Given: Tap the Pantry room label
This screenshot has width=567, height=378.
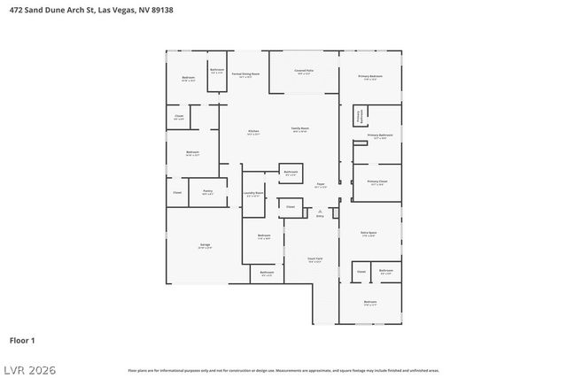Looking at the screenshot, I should (206, 191).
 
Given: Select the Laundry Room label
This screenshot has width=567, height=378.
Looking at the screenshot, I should (252, 194).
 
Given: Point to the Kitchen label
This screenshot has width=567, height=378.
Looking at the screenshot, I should (253, 131).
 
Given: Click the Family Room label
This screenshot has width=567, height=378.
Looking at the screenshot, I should (300, 129).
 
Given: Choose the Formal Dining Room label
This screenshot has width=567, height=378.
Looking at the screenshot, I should (245, 75).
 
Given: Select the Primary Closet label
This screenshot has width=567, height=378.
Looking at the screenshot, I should (376, 182).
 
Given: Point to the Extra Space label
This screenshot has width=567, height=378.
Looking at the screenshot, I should (369, 234).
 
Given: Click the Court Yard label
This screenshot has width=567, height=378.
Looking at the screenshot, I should (315, 259).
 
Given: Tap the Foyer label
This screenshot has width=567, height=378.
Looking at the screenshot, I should (321, 185).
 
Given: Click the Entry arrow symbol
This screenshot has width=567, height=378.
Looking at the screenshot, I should (320, 212).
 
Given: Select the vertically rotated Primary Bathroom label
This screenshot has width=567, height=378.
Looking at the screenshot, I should (360, 116).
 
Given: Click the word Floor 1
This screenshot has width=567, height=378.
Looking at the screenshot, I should (22, 340).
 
